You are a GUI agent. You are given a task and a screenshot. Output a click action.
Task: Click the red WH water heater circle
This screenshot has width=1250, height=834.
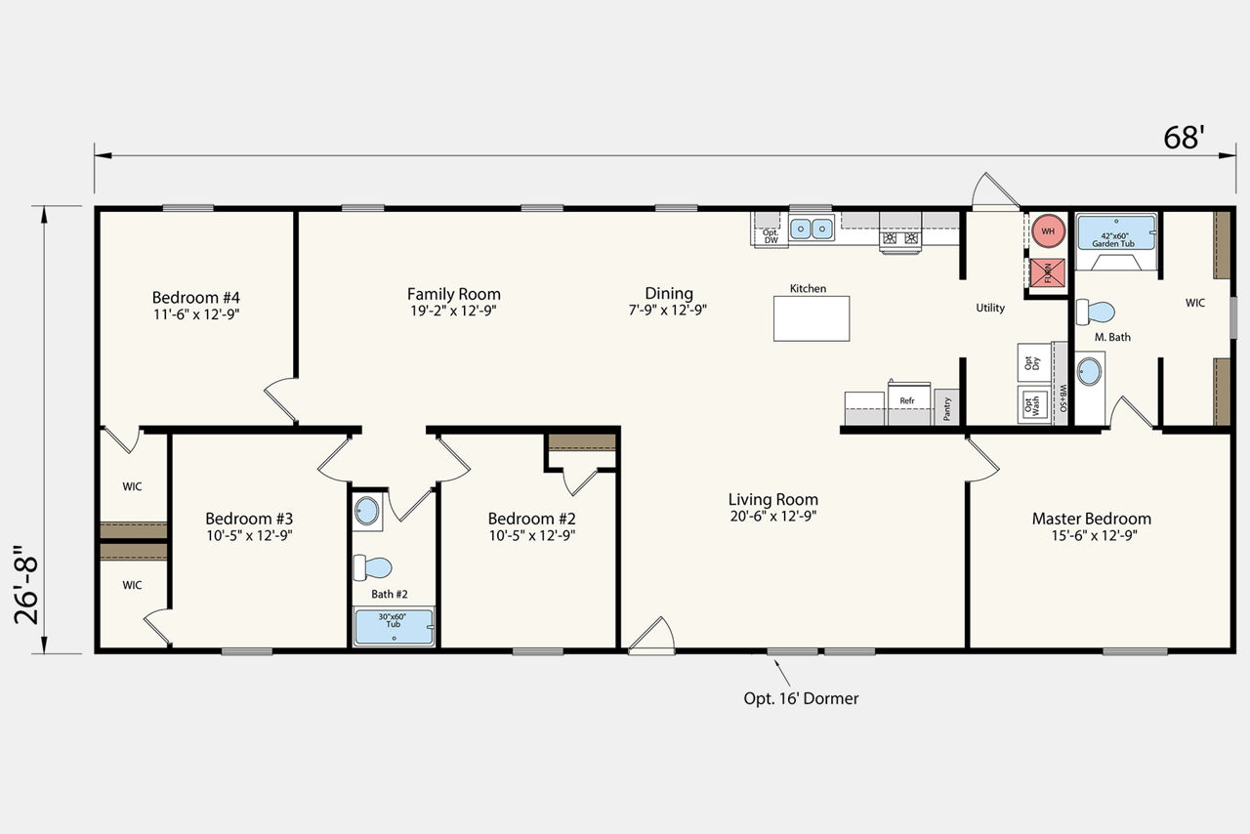pyautogui.click(x=1048, y=230)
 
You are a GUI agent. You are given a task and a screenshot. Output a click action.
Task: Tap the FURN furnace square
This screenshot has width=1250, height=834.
pyautogui.click(x=1048, y=273)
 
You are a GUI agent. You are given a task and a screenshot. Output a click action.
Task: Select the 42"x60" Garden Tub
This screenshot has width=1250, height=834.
pyautogui.click(x=1116, y=232)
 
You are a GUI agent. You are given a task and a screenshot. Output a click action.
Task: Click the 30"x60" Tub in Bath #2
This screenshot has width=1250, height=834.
pyautogui.click(x=394, y=627)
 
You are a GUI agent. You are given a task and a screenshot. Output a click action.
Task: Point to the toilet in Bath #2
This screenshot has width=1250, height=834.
pyautogui.click(x=373, y=567)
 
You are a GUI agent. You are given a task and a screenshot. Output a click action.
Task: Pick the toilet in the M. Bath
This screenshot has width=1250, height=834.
pyautogui.click(x=1096, y=313)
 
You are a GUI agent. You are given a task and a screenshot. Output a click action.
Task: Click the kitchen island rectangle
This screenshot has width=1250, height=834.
pyautogui.click(x=812, y=318)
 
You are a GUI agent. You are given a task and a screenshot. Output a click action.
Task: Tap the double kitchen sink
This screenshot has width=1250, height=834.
pyautogui.click(x=812, y=229)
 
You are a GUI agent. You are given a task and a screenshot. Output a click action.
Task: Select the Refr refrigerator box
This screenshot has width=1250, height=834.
pyautogui.click(x=909, y=402)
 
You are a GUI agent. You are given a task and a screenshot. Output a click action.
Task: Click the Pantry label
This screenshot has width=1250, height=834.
pyautogui.click(x=947, y=409)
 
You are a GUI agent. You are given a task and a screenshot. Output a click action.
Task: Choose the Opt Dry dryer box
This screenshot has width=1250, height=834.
pyautogui.click(x=1034, y=362)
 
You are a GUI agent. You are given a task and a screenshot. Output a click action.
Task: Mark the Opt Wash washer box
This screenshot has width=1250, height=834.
pyautogui.click(x=1034, y=404)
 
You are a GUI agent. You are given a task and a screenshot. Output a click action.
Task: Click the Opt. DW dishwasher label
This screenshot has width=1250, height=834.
pyautogui.click(x=771, y=236)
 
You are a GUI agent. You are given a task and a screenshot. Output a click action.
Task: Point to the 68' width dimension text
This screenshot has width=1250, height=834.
pyautogui.click(x=1184, y=138)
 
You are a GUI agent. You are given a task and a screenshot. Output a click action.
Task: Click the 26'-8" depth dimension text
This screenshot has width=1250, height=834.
pyautogui.click(x=26, y=584)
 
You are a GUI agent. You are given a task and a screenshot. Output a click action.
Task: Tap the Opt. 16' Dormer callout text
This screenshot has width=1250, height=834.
pyautogui.click(x=801, y=698)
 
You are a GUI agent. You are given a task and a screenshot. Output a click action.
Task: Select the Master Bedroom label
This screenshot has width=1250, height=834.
pyautogui.click(x=1092, y=519)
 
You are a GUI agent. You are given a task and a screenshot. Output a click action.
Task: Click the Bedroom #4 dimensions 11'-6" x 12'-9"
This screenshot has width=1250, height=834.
pyautogui.click(x=196, y=314)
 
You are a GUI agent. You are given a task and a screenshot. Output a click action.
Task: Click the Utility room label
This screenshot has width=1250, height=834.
pyautogui.click(x=990, y=308)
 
